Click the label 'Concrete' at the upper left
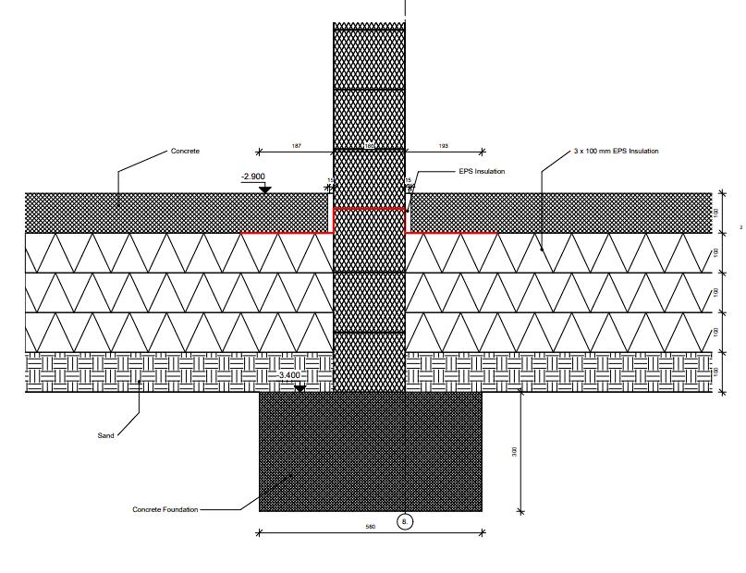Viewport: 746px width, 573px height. [185, 151]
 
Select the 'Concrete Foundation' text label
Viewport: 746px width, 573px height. [165, 509]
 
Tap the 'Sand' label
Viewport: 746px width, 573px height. [106, 435]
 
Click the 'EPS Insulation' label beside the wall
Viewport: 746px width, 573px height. [482, 172]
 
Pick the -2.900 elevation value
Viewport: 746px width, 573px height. [252, 176]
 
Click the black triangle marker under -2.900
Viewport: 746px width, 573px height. [265, 189]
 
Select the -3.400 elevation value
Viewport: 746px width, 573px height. [289, 375]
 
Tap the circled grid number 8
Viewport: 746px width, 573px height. [405, 522]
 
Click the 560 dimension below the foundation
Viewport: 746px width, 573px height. [370, 527]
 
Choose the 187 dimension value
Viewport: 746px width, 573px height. [296, 146]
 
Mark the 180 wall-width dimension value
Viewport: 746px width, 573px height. [369, 146]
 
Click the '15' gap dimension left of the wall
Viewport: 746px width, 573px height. [330, 180]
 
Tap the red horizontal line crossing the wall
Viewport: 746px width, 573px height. [370, 209]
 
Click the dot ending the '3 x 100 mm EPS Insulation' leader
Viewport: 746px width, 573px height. [542, 247]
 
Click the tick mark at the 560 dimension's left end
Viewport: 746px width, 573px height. [259, 532]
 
